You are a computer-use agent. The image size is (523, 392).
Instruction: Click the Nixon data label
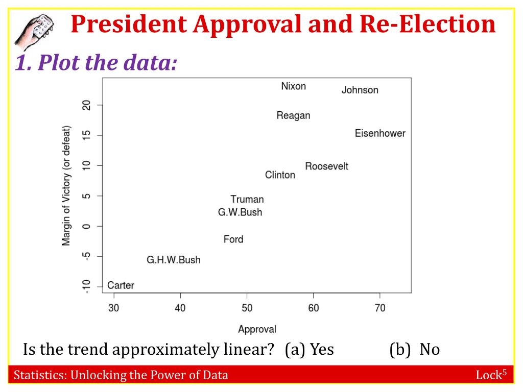point(294,86)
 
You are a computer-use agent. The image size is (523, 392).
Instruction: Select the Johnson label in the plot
point(360,90)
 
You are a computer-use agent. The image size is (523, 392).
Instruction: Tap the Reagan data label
point(293,115)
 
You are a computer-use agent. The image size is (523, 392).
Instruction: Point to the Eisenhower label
point(380,133)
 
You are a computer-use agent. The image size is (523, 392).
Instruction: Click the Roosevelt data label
point(326,166)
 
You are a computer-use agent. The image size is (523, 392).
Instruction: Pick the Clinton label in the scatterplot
point(280,175)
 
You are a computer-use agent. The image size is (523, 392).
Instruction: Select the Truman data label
point(247,200)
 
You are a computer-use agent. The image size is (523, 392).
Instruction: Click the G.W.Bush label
point(240,212)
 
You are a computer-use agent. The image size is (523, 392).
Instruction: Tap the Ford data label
point(233,239)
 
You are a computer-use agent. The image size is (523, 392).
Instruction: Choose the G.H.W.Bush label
point(174,260)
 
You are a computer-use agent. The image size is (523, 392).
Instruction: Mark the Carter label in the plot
point(121,285)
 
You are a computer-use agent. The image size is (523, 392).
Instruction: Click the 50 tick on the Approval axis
point(247,308)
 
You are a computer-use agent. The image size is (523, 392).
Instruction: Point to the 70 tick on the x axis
point(380,308)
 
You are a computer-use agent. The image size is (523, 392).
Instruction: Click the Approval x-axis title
point(257,330)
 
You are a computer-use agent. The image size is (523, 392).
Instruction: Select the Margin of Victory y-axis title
point(66,185)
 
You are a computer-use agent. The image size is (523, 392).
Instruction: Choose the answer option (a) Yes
point(310,350)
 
